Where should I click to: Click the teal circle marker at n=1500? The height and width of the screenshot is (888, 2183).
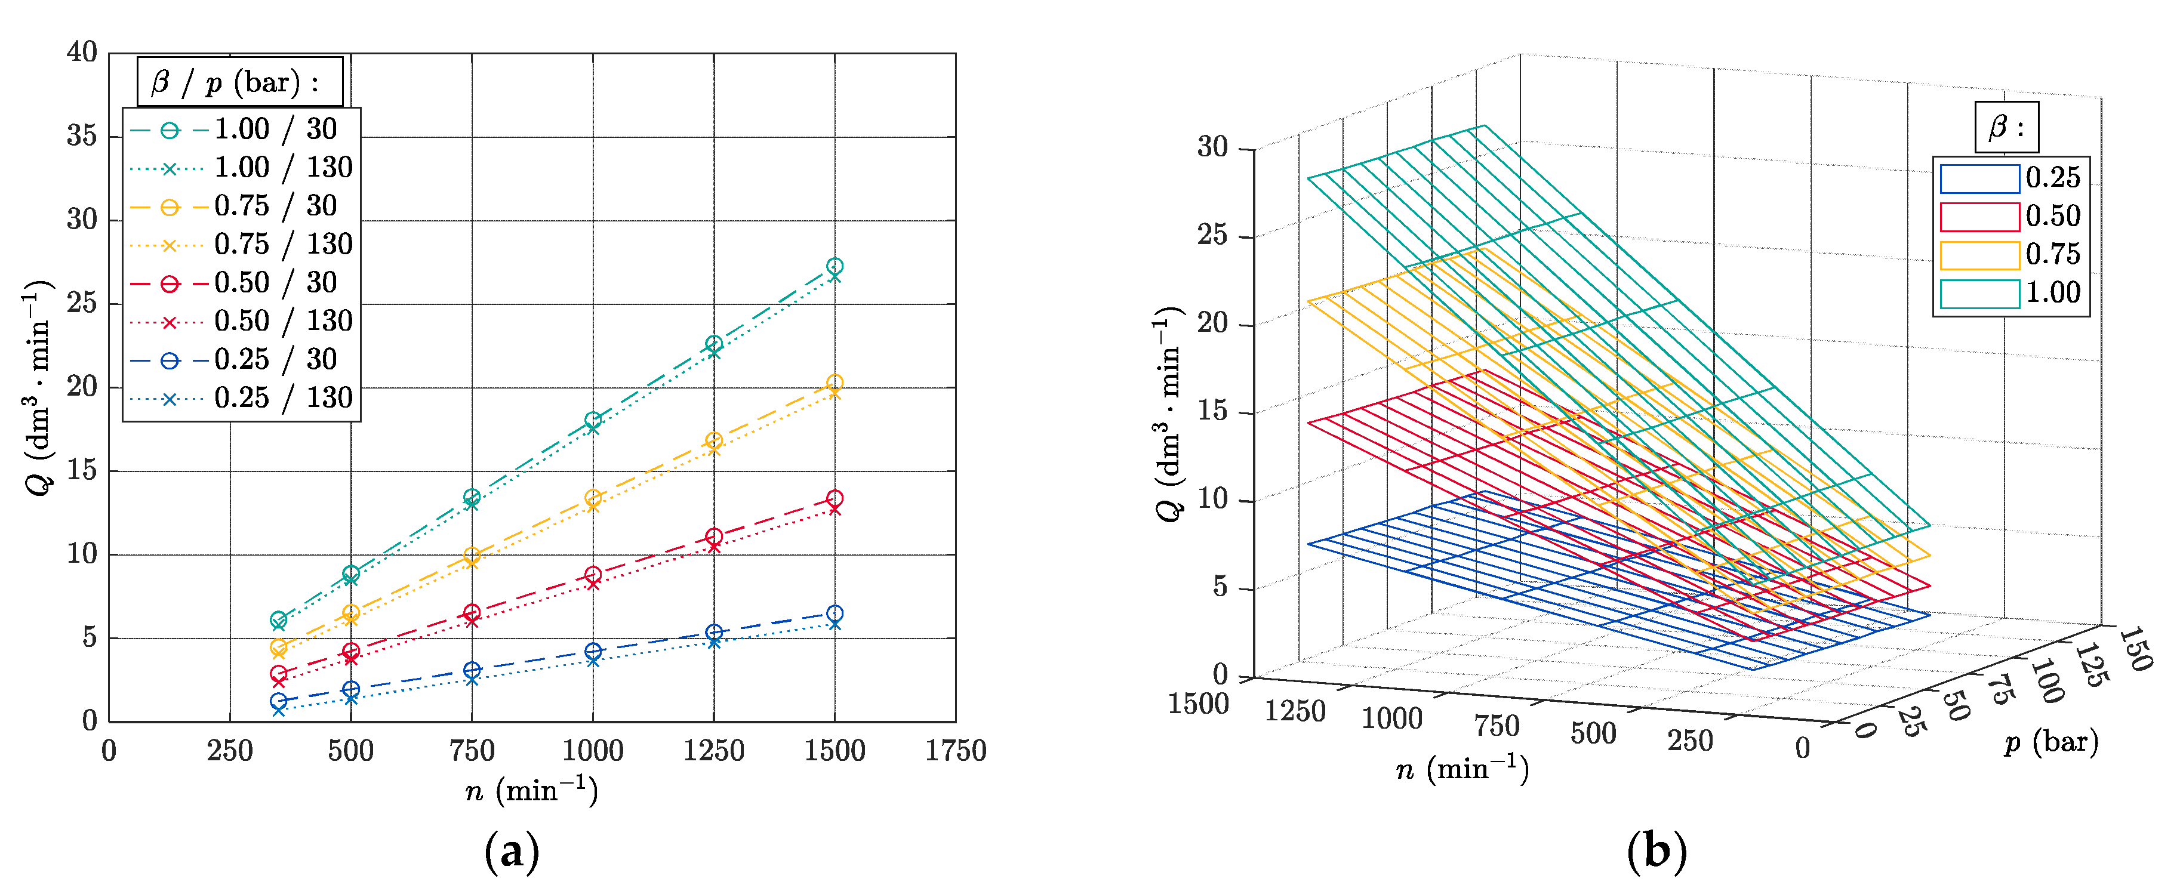pyautogui.click(x=834, y=266)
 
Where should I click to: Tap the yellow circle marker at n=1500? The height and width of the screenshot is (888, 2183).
pyautogui.click(x=834, y=382)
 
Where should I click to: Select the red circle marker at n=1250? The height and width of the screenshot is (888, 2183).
pyautogui.click(x=713, y=536)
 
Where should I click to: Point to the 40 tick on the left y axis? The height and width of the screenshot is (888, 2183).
pyautogui.click(x=82, y=53)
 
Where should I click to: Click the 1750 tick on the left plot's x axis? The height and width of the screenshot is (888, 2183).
pyautogui.click(x=955, y=751)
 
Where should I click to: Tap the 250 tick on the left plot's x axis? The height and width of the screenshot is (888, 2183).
pyautogui.click(x=230, y=751)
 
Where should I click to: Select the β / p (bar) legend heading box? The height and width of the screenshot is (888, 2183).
pyautogui.click(x=240, y=82)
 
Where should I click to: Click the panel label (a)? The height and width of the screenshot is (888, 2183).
pyautogui.click(x=511, y=852)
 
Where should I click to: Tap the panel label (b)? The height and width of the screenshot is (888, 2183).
pyautogui.click(x=1656, y=852)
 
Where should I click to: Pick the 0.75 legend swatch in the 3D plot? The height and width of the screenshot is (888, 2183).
pyautogui.click(x=1979, y=255)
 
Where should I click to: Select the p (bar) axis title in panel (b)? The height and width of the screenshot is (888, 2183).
pyautogui.click(x=2051, y=742)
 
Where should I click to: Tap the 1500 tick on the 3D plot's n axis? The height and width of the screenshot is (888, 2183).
pyautogui.click(x=1198, y=704)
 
